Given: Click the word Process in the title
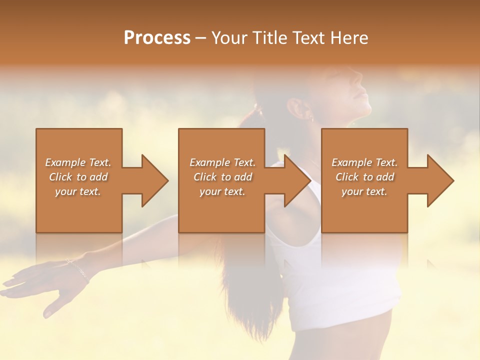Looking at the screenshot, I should pos(157,38).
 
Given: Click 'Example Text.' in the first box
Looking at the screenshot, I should pos(78,162).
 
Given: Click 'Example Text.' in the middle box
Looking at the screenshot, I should pos(222,162).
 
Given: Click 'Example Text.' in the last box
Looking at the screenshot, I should pos(364,162).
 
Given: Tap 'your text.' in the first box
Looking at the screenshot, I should pos(78,191).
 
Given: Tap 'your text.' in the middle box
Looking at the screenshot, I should pos(222,191).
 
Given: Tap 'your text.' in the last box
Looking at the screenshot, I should pos(364,191).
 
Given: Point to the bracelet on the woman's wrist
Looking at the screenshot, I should pos(77,269).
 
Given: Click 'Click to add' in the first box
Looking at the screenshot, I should pos(78,177).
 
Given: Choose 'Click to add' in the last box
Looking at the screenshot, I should pos(364,177).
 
